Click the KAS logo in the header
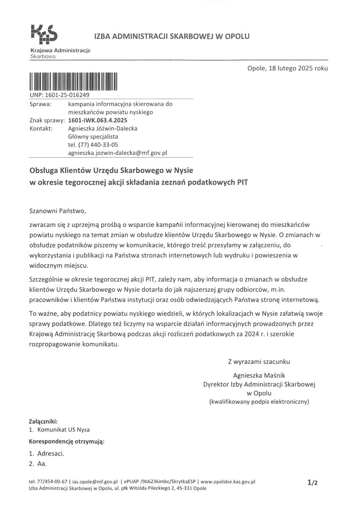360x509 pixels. pos(45,34)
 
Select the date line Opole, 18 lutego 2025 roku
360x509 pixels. pos(287,68)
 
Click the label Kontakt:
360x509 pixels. pos(41,129)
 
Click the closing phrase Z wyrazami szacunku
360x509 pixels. pos(259,362)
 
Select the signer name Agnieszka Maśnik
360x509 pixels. pos(259,375)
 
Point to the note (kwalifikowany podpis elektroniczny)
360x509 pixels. pos(259,401)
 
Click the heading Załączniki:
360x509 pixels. pos(43,422)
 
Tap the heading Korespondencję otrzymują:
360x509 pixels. pos(67,441)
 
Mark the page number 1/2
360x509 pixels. pos(313,482)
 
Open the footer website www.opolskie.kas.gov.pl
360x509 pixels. pos(228,482)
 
